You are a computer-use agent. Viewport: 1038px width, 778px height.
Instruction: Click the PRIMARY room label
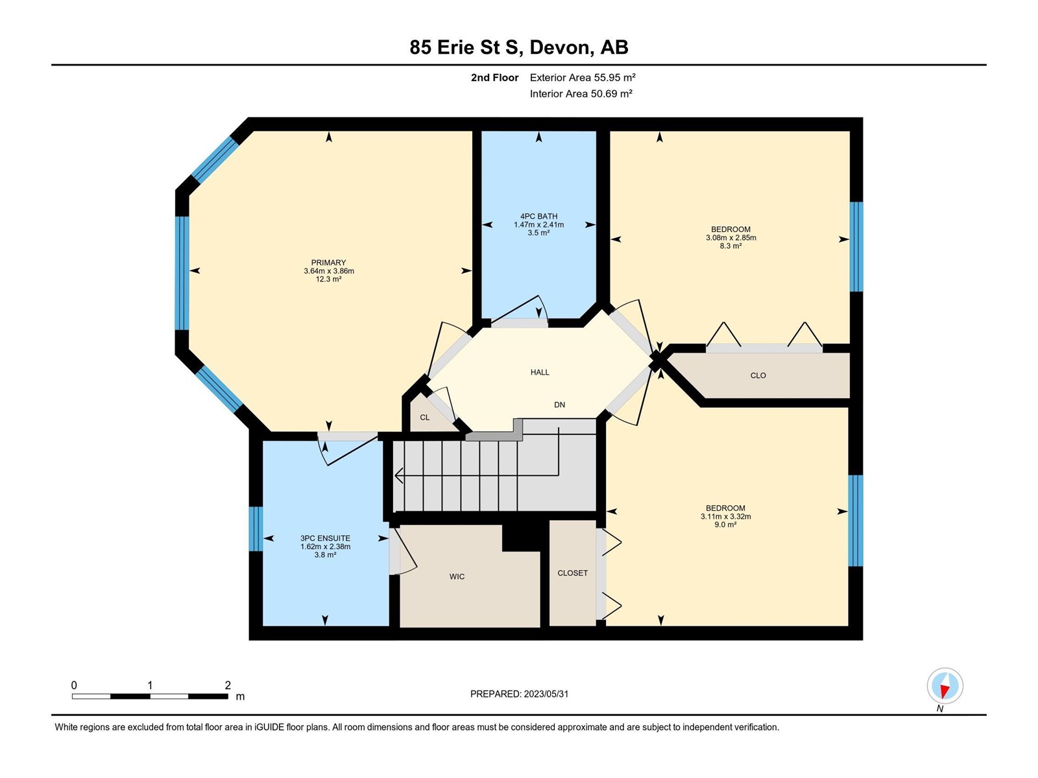click(x=328, y=263)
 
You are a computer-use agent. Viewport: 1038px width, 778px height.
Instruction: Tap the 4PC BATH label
click(x=538, y=217)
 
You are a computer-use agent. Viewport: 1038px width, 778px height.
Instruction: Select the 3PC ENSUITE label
click(x=325, y=538)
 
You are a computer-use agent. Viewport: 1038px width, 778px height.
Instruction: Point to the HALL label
click(x=540, y=372)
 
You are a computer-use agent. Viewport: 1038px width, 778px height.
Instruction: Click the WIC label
click(x=457, y=576)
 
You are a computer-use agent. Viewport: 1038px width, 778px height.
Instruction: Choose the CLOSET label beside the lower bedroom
click(x=572, y=573)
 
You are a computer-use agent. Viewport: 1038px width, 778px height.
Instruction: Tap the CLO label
click(x=758, y=375)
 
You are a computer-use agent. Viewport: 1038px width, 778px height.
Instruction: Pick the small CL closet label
click(x=425, y=418)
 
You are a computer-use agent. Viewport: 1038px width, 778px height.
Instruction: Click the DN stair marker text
click(x=559, y=405)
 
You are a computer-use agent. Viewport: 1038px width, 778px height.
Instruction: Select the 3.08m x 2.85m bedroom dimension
click(x=730, y=237)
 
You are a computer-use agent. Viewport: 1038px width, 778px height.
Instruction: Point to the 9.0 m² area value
click(x=725, y=525)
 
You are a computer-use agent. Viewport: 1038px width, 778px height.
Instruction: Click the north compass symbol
click(x=945, y=685)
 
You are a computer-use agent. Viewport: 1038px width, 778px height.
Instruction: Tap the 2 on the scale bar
click(x=228, y=685)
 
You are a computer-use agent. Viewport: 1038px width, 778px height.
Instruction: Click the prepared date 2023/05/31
click(x=546, y=694)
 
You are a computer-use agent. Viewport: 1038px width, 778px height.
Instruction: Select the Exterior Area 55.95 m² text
click(x=583, y=77)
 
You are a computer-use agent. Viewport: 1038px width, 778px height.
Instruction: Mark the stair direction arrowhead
click(x=398, y=476)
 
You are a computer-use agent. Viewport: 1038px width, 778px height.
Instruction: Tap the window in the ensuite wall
click(x=256, y=528)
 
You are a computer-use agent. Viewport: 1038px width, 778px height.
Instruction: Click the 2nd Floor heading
click(x=494, y=77)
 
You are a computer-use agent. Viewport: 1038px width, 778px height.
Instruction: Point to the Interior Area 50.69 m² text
click(x=581, y=93)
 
